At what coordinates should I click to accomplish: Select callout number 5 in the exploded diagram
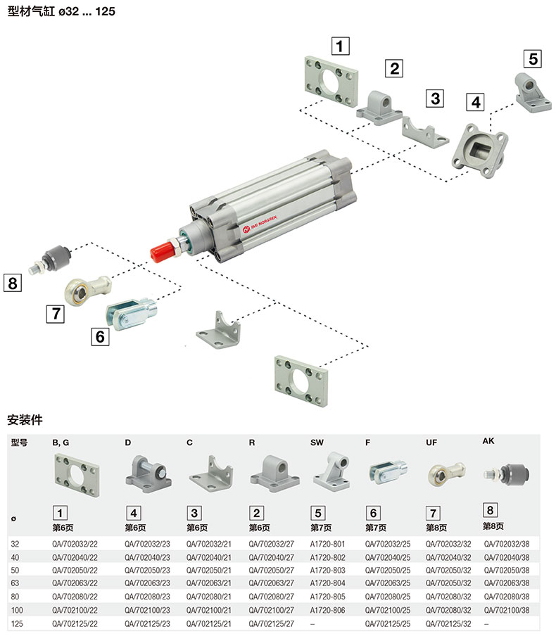(x=533, y=58)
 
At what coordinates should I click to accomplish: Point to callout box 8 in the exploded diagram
(x=12, y=284)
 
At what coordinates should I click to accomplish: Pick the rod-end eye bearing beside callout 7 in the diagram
(x=87, y=287)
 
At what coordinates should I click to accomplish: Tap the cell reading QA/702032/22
(x=74, y=543)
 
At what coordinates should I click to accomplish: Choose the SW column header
(x=317, y=443)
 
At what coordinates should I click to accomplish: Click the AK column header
(x=488, y=441)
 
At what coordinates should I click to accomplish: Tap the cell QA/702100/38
(x=506, y=610)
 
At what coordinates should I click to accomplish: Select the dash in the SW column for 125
(x=312, y=623)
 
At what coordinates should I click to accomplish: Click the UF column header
(x=431, y=443)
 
